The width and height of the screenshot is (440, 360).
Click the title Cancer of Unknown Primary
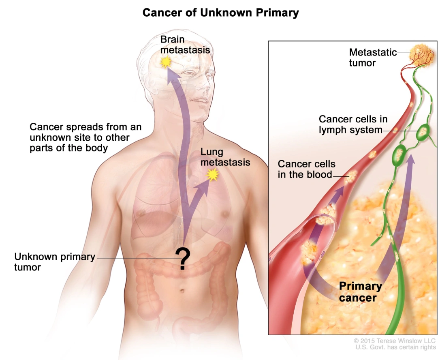click(220, 13)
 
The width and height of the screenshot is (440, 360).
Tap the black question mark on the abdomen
click(183, 259)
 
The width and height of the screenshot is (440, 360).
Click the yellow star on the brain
click(165, 62)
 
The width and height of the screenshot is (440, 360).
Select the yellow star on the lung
click(212, 175)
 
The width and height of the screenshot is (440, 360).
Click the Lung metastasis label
click(225, 158)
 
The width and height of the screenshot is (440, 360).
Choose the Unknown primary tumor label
click(55, 262)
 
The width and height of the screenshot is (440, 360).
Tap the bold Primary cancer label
click(360, 292)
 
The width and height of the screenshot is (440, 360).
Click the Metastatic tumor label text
click(373, 57)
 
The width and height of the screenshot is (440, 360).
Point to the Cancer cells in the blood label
click(306, 169)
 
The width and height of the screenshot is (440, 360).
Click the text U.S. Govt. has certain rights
click(395, 348)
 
